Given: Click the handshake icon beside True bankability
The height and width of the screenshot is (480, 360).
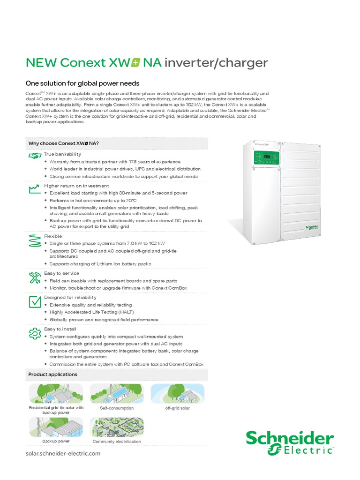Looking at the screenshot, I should point(35,155).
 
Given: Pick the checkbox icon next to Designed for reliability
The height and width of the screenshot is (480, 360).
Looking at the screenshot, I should point(35,301).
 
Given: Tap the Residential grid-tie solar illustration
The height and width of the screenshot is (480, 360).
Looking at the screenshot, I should point(56,394).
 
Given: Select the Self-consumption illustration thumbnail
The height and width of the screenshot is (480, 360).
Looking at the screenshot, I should point(116,394).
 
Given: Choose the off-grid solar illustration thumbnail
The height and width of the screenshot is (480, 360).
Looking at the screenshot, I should point(177,394).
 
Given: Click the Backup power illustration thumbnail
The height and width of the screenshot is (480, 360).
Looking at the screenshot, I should point(56,427).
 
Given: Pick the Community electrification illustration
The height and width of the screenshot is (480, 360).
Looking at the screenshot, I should point(116,427).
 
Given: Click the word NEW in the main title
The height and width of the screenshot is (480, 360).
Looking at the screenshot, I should point(41,63).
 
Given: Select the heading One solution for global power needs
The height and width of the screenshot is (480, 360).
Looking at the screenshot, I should point(82,83).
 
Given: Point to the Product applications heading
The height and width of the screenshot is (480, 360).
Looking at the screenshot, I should point(52,375).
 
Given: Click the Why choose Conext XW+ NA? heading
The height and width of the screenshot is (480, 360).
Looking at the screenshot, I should point(63,143).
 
